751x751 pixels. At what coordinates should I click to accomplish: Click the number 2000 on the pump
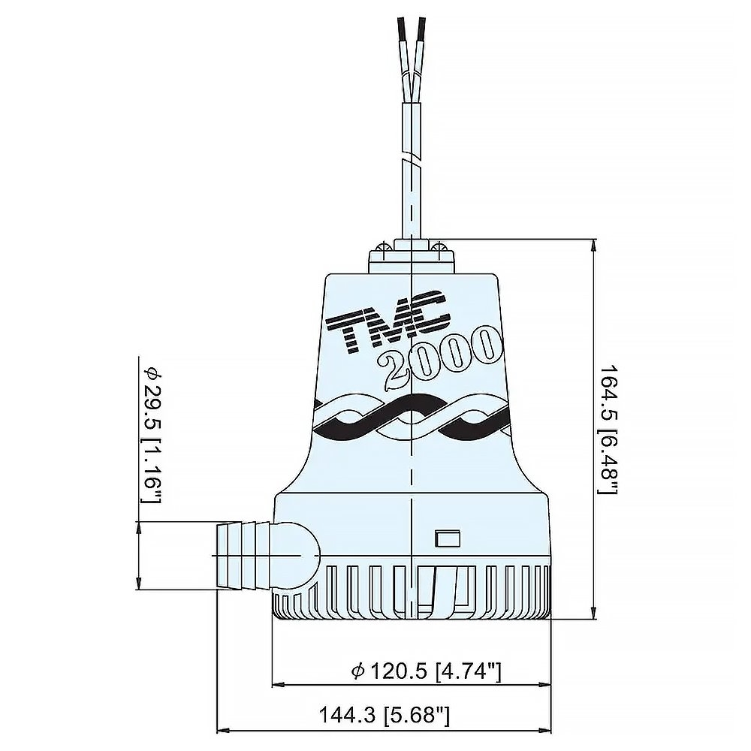tap(439, 357)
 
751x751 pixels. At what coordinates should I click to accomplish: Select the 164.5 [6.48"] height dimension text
tap(607, 429)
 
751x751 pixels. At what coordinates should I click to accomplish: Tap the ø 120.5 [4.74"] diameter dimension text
tap(426, 671)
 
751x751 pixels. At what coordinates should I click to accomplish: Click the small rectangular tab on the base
tap(448, 538)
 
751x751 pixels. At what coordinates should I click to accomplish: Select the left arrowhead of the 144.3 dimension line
tap(222, 729)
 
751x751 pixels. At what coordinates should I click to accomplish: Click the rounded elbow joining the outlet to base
tap(297, 554)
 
